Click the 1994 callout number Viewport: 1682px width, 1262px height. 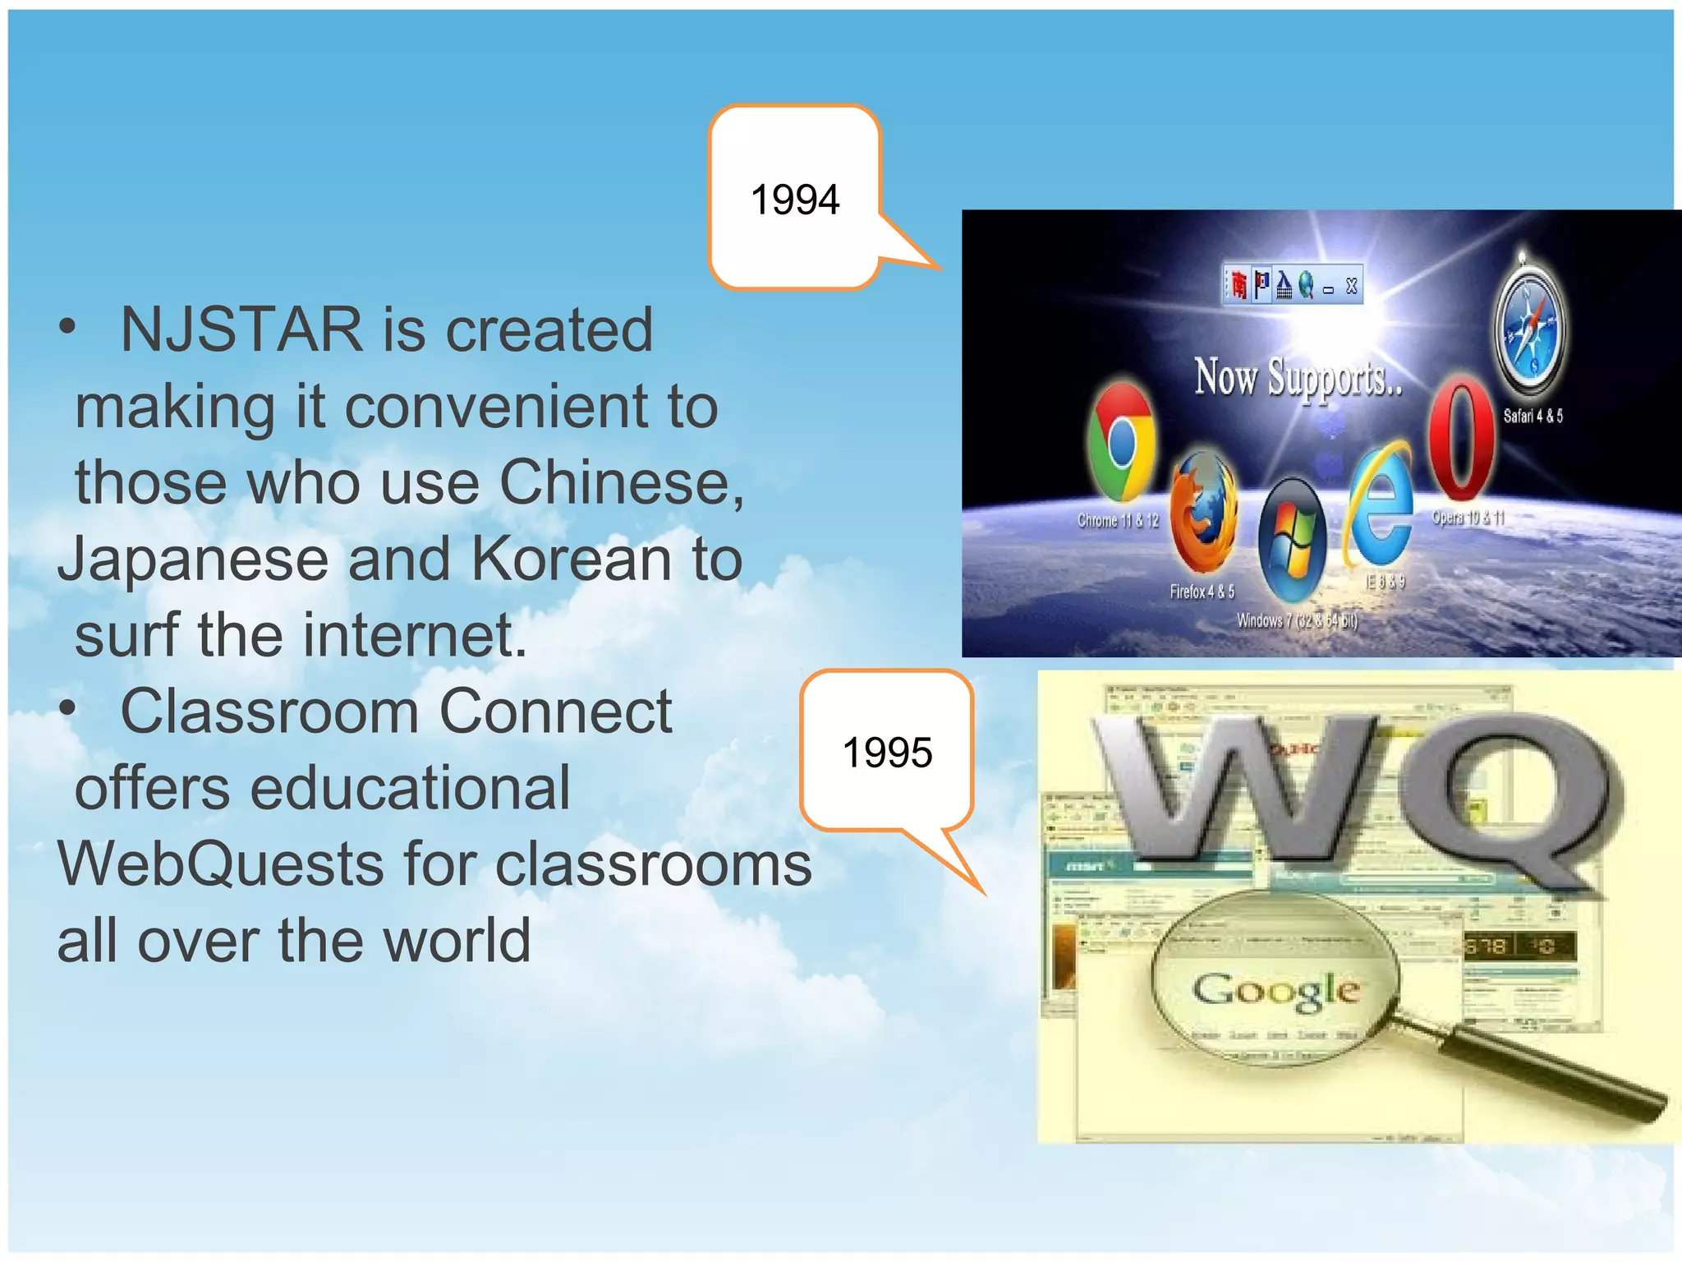pos(794,200)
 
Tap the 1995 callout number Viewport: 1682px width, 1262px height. pos(887,753)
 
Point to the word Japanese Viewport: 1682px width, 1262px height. pos(193,560)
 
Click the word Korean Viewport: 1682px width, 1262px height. pos(571,560)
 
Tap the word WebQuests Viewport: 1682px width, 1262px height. pos(220,864)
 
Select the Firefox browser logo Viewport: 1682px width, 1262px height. pos(1203,514)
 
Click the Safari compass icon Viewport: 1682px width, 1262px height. pos(1528,329)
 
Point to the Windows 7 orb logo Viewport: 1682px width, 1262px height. pos(1291,540)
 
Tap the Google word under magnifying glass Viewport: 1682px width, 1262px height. pos(1275,989)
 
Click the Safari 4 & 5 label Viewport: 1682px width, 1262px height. pos(1533,417)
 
